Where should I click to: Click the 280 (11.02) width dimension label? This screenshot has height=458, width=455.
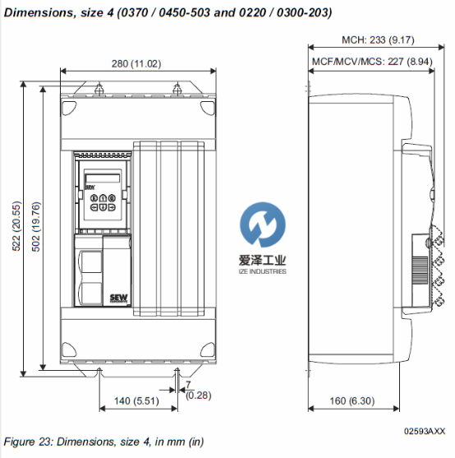pos(136,63)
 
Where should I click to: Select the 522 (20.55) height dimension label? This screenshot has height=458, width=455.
pos(16,226)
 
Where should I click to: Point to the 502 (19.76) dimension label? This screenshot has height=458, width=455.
pos(36,227)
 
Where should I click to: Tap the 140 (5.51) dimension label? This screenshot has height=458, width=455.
pos(136,400)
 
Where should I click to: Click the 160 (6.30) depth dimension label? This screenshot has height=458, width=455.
pos(352,400)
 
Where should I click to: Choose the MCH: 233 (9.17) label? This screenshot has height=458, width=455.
pos(378,39)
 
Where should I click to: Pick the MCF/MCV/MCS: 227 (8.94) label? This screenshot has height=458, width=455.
pos(372,62)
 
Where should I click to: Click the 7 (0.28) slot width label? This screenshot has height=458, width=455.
pos(198,391)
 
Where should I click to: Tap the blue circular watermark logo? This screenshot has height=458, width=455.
pos(263,224)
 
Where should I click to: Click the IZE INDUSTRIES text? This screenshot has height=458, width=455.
pos(262,271)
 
